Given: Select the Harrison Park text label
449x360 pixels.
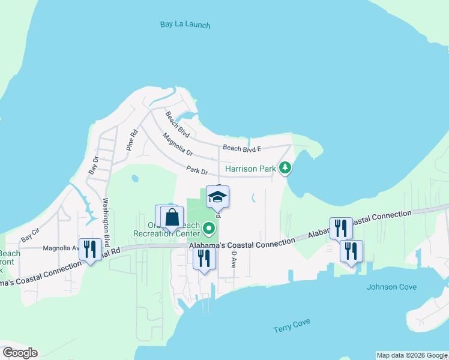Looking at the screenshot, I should pos(250,169).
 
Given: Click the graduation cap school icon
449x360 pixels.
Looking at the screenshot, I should pos(217,196).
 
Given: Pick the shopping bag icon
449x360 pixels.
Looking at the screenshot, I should pos(172,217).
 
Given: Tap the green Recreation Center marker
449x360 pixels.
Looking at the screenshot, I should pos(209,228).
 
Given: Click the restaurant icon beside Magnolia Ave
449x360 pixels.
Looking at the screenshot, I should pos(90,249).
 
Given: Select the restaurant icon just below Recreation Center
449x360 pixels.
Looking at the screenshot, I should pos(204,258).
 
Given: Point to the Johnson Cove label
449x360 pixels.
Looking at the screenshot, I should pos(391,287).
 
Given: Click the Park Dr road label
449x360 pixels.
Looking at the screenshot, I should pos(196,170).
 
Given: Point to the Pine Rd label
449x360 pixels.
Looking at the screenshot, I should pos(131,139).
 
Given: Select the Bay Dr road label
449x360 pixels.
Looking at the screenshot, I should pos(93,165).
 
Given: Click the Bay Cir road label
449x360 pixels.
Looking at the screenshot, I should pos(31,234).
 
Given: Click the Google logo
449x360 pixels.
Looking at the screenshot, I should pos(20,352).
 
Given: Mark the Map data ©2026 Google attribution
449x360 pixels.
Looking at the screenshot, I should pos(412,355).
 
